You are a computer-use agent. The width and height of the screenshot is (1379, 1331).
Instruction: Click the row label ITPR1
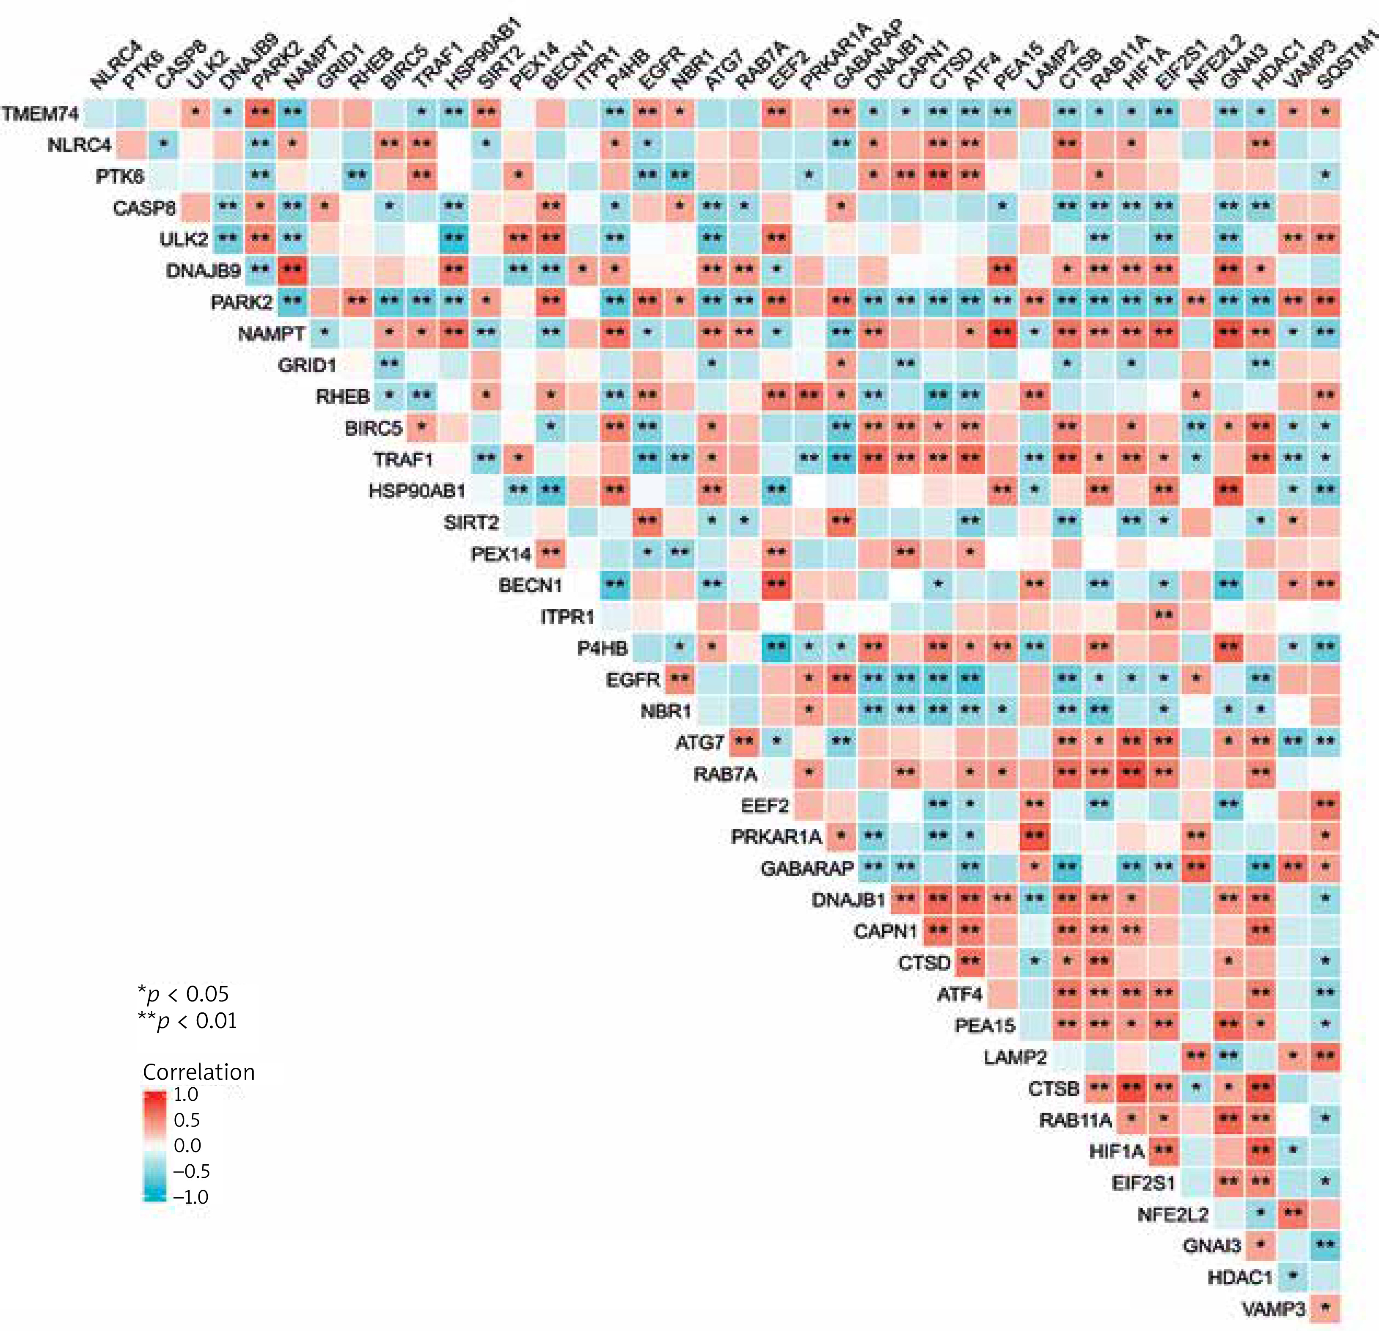click(x=567, y=617)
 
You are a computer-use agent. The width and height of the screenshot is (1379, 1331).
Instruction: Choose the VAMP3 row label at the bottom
click(x=1274, y=1309)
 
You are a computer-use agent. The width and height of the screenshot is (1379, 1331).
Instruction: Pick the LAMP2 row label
click(x=1015, y=1057)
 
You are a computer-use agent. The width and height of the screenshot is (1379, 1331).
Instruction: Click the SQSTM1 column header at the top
click(x=1345, y=63)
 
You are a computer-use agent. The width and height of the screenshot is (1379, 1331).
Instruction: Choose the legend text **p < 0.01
click(x=188, y=1021)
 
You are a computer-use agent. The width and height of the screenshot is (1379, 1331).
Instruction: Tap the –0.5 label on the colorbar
click(x=191, y=1171)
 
